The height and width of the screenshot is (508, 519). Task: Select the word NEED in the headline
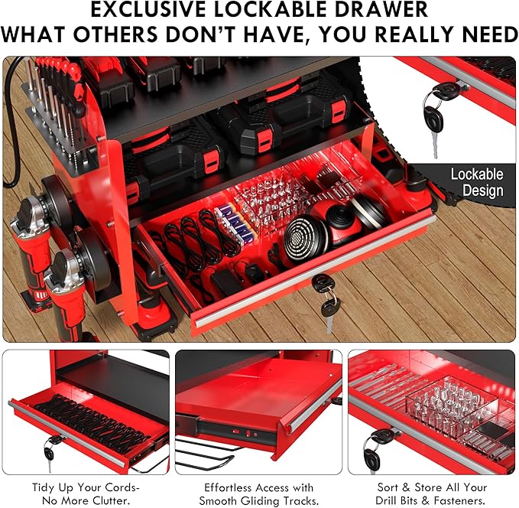tap(480, 34)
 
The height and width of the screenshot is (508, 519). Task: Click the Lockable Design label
tap(477, 182)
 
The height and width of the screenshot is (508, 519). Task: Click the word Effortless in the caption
tap(229, 487)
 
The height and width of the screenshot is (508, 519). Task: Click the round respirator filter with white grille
tap(301, 237)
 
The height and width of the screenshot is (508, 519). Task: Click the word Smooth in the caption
tap(218, 500)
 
